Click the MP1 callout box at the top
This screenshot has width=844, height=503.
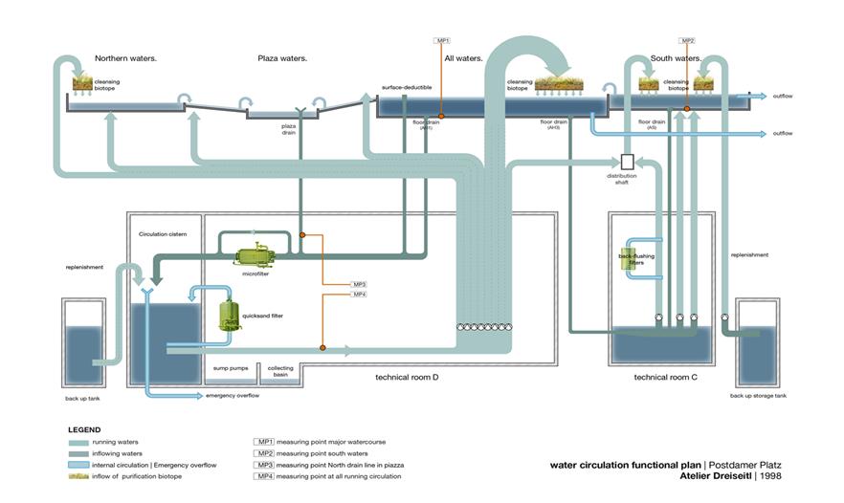pyautogui.click(x=441, y=40)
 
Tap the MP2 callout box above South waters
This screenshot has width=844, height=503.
pyautogui.click(x=687, y=40)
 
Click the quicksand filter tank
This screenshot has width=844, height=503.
pyautogui.click(x=229, y=315)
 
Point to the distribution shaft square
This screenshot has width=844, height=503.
pyautogui.click(x=628, y=162)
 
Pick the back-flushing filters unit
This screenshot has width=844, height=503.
pyautogui.click(x=631, y=259)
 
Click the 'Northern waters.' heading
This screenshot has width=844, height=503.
pyautogui.click(x=125, y=58)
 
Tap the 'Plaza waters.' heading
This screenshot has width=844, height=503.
pyautogui.click(x=282, y=58)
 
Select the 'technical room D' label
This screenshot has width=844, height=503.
pyautogui.click(x=406, y=377)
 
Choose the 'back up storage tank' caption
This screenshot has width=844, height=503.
pyautogui.click(x=758, y=395)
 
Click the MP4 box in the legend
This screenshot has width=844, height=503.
pyautogui.click(x=264, y=476)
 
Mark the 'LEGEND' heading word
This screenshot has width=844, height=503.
pyautogui.click(x=84, y=430)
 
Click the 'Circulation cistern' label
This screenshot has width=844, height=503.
pyautogui.click(x=164, y=232)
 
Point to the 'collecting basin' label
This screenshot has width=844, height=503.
pyautogui.click(x=280, y=371)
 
